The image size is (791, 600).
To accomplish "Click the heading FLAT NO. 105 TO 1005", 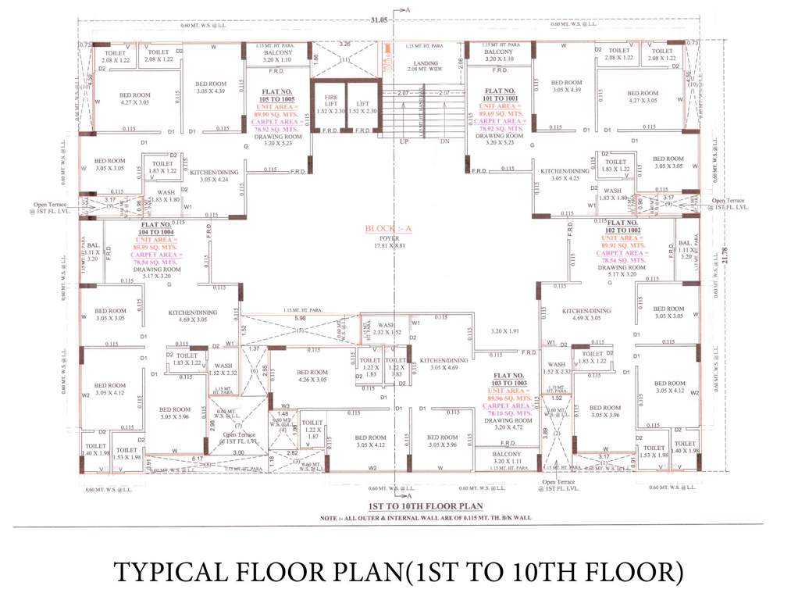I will tap(278, 95).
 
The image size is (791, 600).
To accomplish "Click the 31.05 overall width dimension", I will tap(391, 18).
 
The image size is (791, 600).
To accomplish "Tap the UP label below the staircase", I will tap(404, 142).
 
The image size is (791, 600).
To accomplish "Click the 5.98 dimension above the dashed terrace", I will tap(300, 318).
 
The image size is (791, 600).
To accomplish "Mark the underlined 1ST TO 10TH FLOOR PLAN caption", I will tap(396, 505).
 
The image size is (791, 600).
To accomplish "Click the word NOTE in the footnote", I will tap(330, 518).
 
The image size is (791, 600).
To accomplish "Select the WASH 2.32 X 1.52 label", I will tap(387, 329).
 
